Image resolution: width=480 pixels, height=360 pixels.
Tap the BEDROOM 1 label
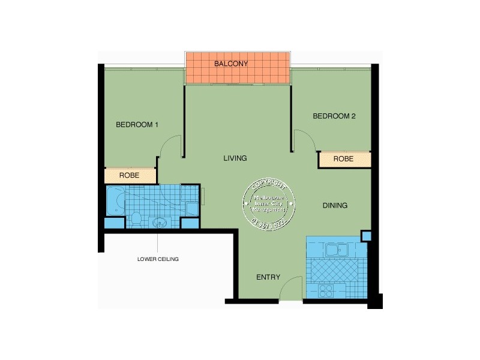point(137,125)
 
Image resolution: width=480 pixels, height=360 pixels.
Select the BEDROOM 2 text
point(334,116)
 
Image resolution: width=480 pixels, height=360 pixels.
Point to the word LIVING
point(235,158)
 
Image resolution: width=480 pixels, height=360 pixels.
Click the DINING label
point(335,206)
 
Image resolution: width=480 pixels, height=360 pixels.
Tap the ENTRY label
point(268,277)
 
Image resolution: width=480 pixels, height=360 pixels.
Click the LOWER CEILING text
point(158,259)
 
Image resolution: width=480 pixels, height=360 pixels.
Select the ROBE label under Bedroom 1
point(130,176)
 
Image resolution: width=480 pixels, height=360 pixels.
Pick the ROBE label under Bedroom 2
point(343,159)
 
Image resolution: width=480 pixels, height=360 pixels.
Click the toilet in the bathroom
point(136,218)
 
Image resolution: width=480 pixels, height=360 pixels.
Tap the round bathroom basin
point(160,223)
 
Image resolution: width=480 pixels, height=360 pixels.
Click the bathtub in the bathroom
point(115,200)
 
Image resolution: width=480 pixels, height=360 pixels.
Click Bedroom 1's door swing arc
point(172,146)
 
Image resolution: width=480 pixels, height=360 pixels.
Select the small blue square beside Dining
point(367,236)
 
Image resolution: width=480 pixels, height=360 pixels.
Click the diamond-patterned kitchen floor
point(335,271)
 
